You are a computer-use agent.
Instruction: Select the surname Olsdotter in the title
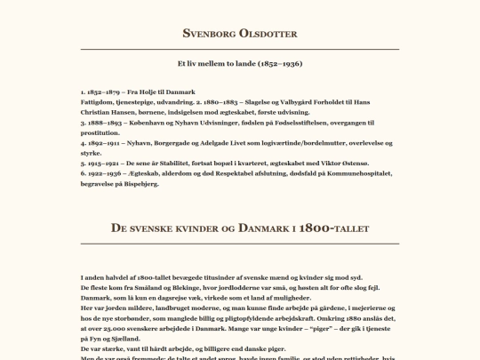point(268,34)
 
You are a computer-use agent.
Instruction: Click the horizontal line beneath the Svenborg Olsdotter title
point(240,49)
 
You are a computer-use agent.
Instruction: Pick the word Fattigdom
point(97,102)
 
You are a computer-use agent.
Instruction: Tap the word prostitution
point(100,132)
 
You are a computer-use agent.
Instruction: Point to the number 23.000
point(112,328)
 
